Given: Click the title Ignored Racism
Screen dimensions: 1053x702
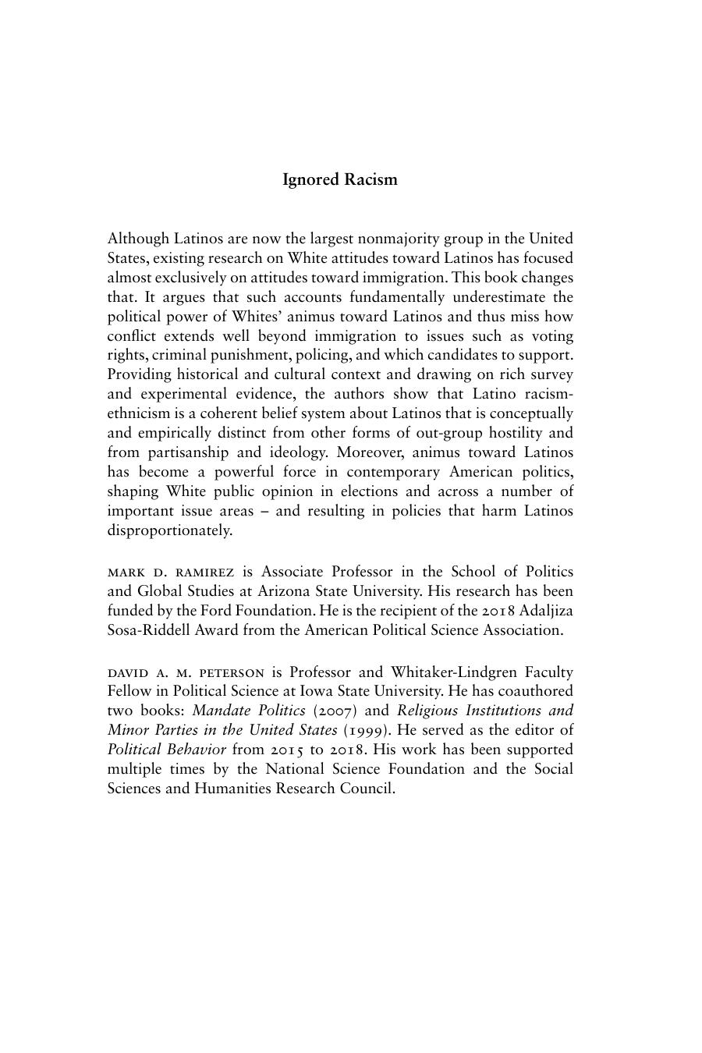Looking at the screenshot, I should coord(339,179).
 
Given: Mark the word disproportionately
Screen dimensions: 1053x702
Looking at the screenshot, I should coord(170,531).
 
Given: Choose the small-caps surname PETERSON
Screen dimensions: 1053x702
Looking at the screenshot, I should coord(232,672).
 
